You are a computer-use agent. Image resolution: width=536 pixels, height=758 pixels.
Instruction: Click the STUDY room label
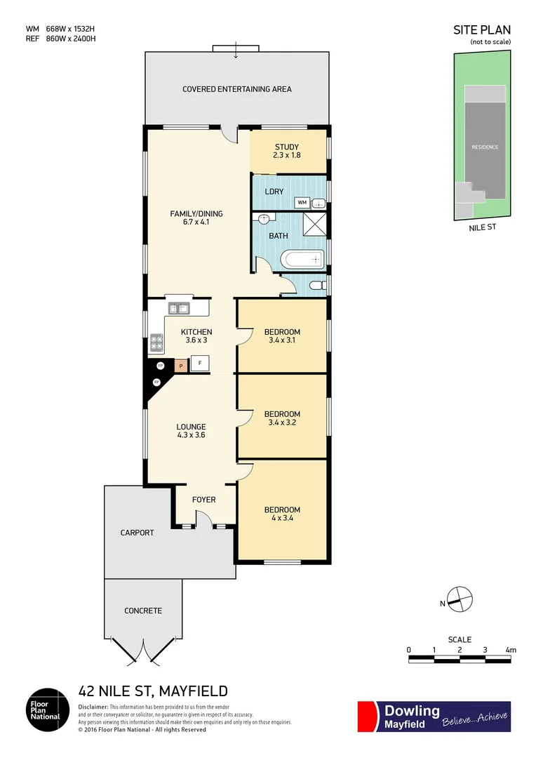pos(288,147)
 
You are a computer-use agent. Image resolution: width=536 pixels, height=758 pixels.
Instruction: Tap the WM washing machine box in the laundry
pos(302,203)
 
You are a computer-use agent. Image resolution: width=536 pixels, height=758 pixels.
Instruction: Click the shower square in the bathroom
pos(314,225)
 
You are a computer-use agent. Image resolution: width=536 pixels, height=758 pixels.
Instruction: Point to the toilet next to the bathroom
pos(316,286)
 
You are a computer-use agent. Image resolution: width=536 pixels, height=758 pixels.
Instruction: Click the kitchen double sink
pos(179,307)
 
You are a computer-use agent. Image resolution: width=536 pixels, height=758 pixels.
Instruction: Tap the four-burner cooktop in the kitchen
pos(156,343)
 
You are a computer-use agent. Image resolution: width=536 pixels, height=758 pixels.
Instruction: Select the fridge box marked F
pos(201,364)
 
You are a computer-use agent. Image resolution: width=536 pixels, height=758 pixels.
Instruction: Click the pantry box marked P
pos(180,365)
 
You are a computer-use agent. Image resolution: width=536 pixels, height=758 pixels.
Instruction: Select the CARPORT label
pos(137,533)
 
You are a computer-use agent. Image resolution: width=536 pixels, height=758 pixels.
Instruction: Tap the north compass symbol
pos(460,597)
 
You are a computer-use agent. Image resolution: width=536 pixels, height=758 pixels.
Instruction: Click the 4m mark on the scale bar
pos(510,650)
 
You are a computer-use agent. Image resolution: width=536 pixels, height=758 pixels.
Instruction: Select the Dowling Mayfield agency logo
pos(434,717)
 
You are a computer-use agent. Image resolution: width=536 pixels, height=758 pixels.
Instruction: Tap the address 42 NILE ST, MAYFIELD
pos(153,691)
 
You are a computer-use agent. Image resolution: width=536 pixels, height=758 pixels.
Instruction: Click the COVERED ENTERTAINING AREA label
pos(236,89)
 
